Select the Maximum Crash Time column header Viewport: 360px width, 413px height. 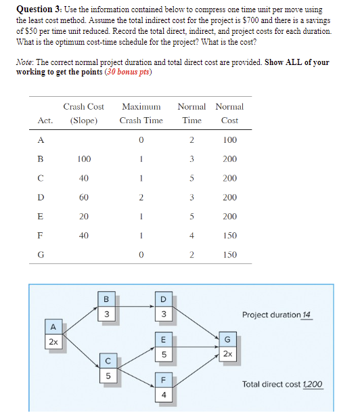point(141,114)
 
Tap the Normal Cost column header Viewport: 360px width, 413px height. point(229,114)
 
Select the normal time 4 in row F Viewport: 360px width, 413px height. point(192,236)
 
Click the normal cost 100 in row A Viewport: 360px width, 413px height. point(229,140)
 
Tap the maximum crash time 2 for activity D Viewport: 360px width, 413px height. point(141,198)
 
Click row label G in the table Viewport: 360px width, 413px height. point(41,256)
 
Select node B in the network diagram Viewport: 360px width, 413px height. point(106,307)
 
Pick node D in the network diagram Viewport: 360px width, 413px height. point(163,307)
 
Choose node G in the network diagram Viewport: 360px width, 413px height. point(227,346)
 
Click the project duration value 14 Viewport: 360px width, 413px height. point(307,315)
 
